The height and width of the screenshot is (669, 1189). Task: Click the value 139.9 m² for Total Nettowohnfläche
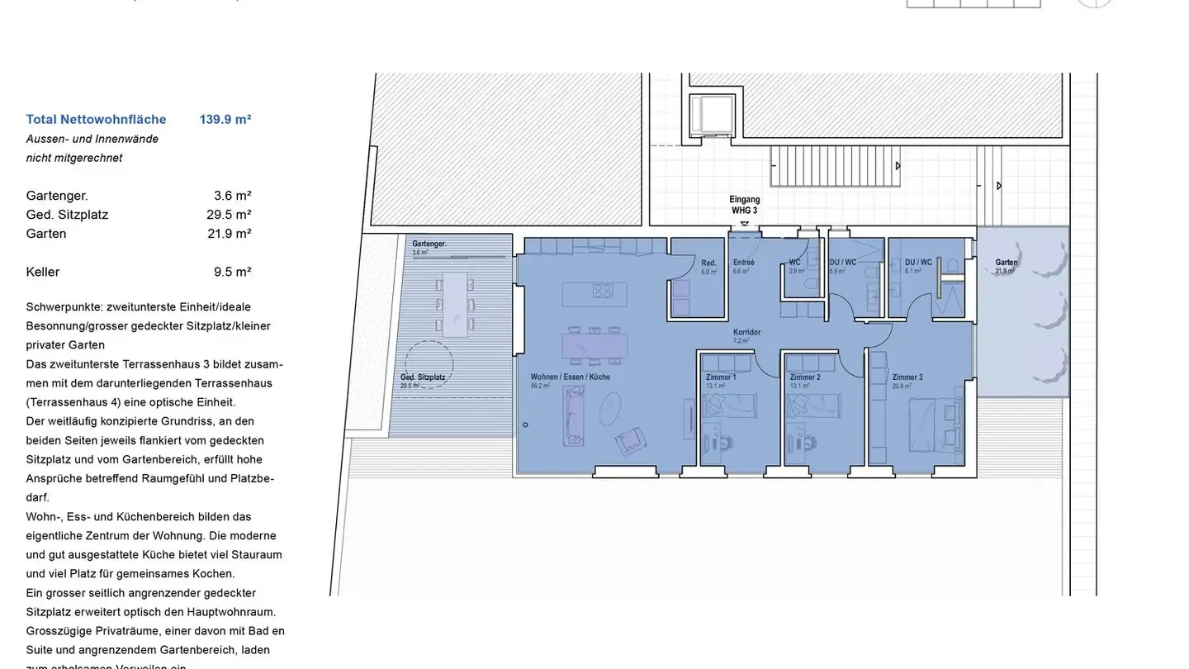click(225, 119)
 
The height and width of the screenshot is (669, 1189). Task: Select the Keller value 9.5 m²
click(232, 272)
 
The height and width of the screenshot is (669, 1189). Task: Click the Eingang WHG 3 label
click(744, 205)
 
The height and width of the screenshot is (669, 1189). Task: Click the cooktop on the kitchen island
click(603, 291)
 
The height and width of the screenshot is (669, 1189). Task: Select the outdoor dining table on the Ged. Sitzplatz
click(455, 304)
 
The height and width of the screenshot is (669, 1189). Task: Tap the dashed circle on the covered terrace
click(429, 363)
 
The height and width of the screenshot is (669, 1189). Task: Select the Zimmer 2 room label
click(804, 377)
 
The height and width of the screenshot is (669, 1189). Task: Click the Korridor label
click(746, 333)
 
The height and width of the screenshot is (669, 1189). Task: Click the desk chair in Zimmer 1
click(724, 442)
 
